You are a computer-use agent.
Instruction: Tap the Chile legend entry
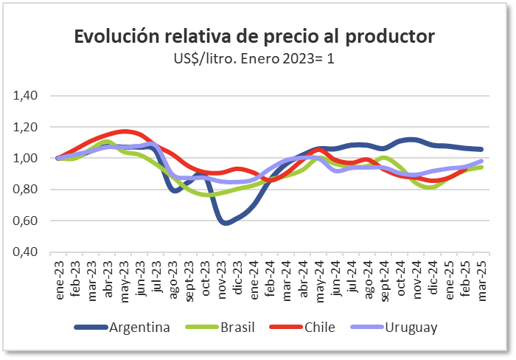click(324, 327)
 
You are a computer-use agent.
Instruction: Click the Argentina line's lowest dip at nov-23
click(226, 222)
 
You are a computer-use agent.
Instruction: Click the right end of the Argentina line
click(481, 149)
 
